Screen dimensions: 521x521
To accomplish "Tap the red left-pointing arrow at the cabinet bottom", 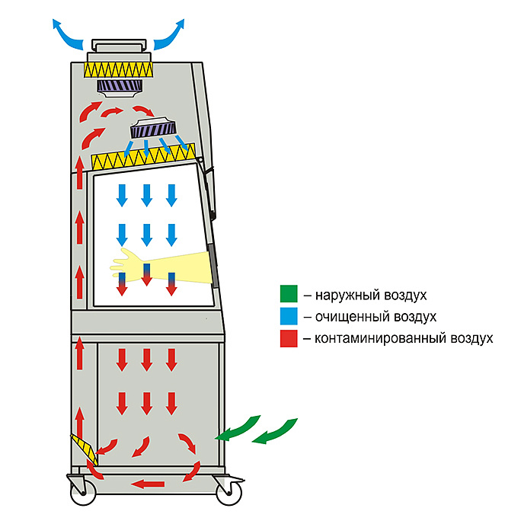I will click(148, 483).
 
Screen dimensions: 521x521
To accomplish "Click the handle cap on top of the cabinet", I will click(117, 44).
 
